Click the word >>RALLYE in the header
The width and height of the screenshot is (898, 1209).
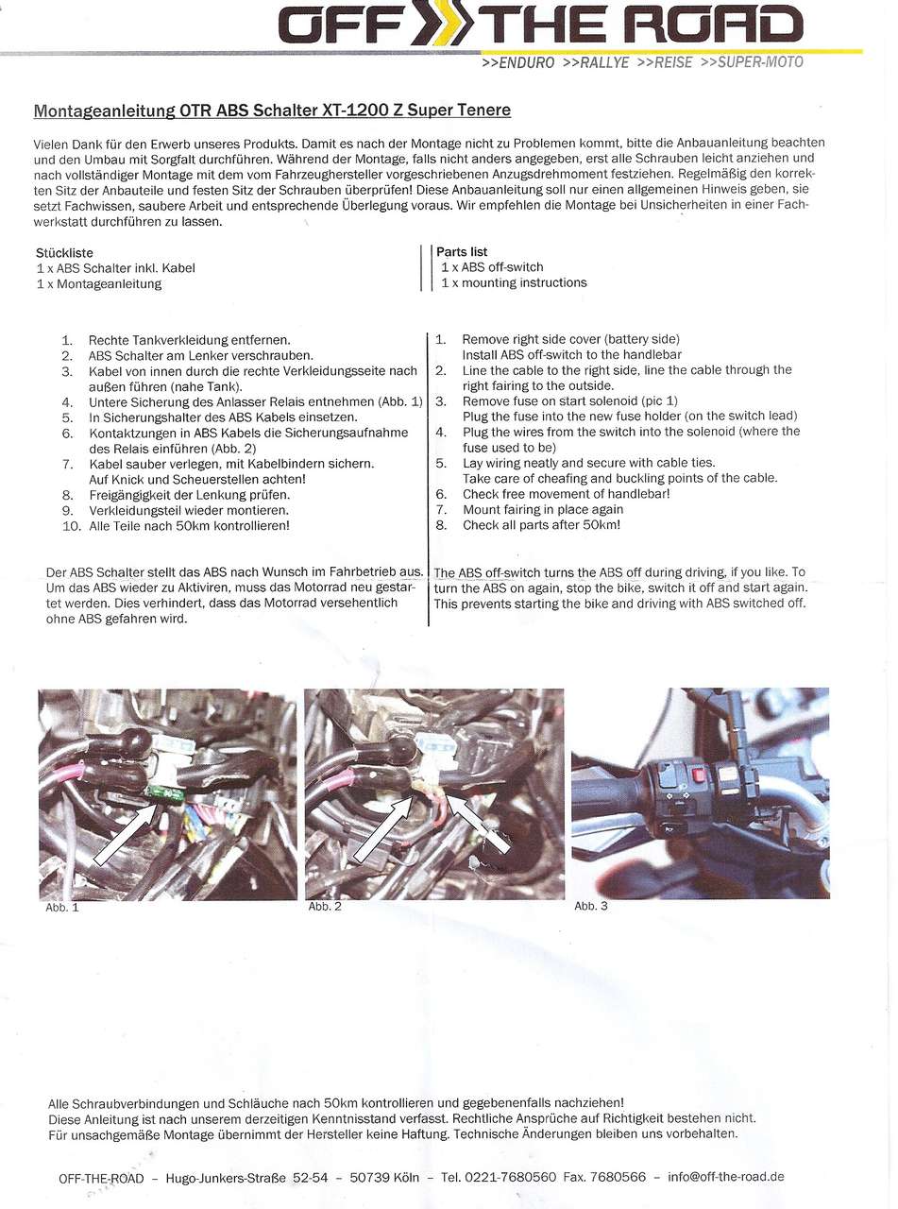pyautogui.click(x=595, y=63)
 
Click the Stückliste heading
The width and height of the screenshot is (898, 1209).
pyautogui.click(x=64, y=253)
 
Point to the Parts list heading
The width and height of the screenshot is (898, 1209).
pyautogui.click(x=462, y=252)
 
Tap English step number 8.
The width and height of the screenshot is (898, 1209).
pyautogui.click(x=441, y=525)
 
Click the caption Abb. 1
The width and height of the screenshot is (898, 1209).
pyautogui.click(x=62, y=908)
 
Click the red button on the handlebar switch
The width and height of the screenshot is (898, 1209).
pyautogui.click(x=700, y=776)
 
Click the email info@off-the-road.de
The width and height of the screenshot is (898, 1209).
pyautogui.click(x=726, y=1177)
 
